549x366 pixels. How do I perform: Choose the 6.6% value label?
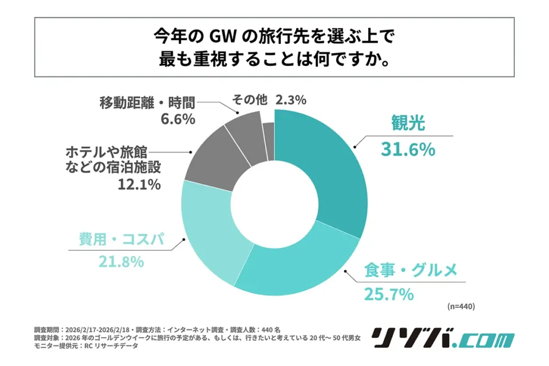tap(177, 118)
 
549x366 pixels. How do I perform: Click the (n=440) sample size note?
tap(460, 307)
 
